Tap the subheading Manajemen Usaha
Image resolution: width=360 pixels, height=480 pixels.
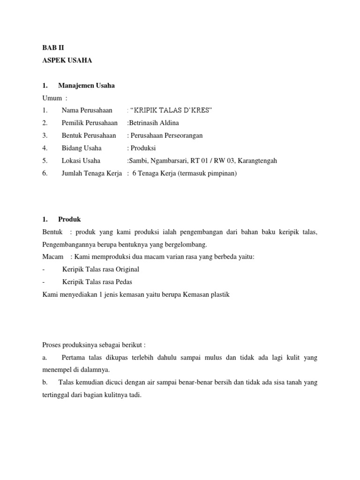[86, 85]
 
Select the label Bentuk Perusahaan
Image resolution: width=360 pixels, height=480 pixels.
[89, 135]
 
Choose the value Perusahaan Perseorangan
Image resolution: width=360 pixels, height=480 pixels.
[165, 135]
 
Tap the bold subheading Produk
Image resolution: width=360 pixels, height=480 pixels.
[69, 219]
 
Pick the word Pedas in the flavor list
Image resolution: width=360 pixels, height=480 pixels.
[122, 282]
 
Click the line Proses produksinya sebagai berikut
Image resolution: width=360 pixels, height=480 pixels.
[97, 345]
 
